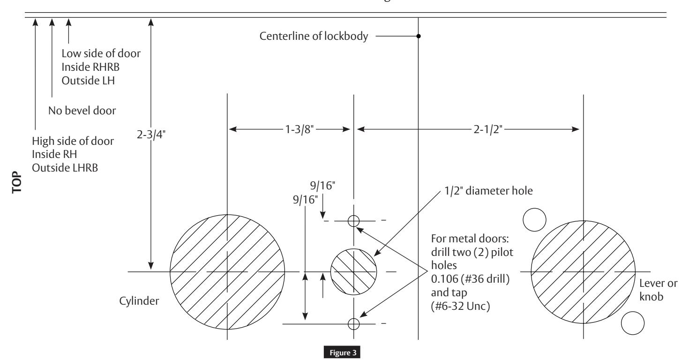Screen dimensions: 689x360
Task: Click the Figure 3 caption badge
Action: pyautogui.click(x=342, y=352)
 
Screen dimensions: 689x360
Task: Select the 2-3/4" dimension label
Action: pyautogui.click(x=151, y=135)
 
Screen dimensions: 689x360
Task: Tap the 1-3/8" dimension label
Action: pyautogui.click(x=300, y=129)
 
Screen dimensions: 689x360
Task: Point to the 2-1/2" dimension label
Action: pyautogui.click(x=488, y=129)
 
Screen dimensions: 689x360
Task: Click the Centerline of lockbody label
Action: pyautogui.click(x=314, y=36)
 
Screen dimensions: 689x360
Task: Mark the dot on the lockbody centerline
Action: pyautogui.click(x=418, y=36)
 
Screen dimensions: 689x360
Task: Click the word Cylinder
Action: pyautogui.click(x=139, y=300)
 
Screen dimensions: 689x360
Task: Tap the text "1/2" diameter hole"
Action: pyautogui.click(x=488, y=191)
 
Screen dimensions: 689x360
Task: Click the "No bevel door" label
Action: pyautogui.click(x=82, y=111)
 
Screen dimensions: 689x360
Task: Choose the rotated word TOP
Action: pyautogui.click(x=17, y=182)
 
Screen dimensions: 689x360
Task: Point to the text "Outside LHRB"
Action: pyautogui.click(x=65, y=168)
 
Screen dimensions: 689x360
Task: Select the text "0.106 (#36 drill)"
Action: pyautogui.click(x=470, y=279)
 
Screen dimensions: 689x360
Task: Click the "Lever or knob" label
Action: pyautogui.click(x=658, y=290)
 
